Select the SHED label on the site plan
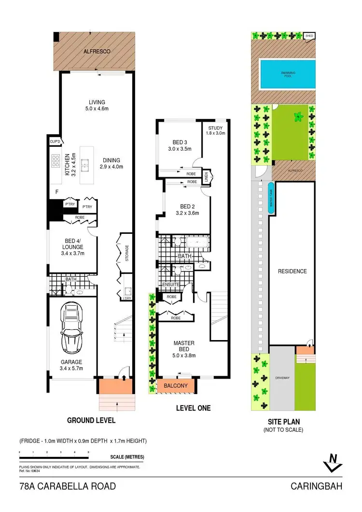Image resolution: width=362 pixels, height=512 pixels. [309, 36]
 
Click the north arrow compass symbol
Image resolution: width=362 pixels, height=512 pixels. [331, 462]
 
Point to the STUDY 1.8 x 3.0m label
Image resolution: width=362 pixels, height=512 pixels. [215, 130]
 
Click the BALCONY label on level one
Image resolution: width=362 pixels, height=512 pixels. [172, 386]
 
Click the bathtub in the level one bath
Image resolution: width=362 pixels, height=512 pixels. [196, 242]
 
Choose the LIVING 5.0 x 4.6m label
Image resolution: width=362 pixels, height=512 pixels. [97, 105]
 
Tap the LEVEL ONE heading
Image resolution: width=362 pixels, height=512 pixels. [192, 408]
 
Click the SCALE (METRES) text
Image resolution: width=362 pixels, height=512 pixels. [127, 456]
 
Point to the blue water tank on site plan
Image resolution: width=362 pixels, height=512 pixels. [271, 198]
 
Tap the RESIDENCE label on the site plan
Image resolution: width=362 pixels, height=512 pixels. [292, 271]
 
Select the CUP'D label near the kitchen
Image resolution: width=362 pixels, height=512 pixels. [55, 141]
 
